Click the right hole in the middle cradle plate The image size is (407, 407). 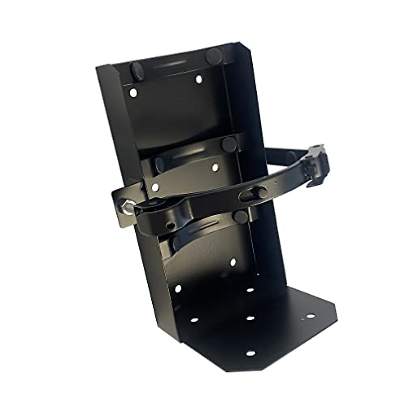[x=214, y=167]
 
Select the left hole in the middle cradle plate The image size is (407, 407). [x=155, y=187]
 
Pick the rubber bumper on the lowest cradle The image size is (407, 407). [x=239, y=216]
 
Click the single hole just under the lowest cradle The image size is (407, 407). [x=233, y=262]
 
